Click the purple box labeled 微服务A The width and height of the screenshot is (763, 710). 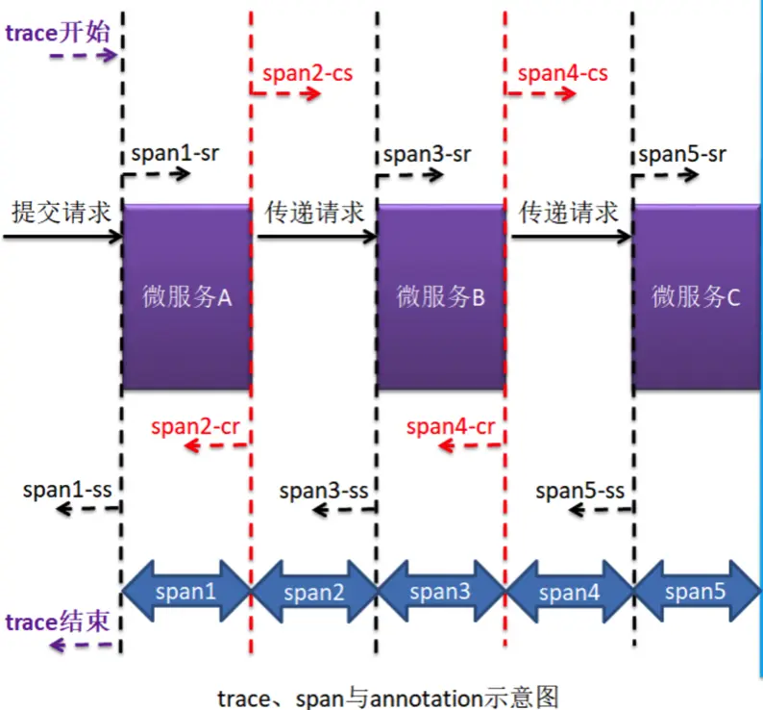(x=185, y=296)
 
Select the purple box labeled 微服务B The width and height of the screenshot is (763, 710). (x=440, y=296)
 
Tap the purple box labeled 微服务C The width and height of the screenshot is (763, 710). (x=697, y=296)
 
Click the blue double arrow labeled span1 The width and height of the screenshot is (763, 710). (x=185, y=591)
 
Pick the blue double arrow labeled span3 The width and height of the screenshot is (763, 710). (x=440, y=591)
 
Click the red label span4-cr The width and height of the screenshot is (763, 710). (x=451, y=425)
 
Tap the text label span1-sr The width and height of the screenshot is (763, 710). (x=169, y=153)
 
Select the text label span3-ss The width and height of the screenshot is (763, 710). (x=324, y=490)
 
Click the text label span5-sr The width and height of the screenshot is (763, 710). (x=681, y=153)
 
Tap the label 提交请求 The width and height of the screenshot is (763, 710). (x=60, y=212)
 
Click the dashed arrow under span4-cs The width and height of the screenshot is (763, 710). (x=541, y=93)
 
